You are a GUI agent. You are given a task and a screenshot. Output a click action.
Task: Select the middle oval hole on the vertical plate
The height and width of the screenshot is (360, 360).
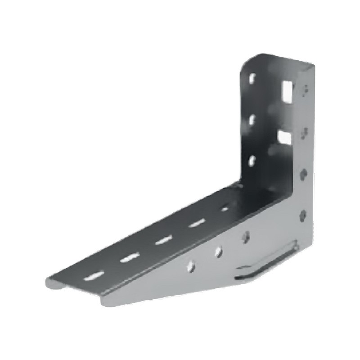[x=252, y=119]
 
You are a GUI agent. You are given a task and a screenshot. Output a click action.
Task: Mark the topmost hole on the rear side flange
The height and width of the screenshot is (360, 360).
[x=306, y=89]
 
